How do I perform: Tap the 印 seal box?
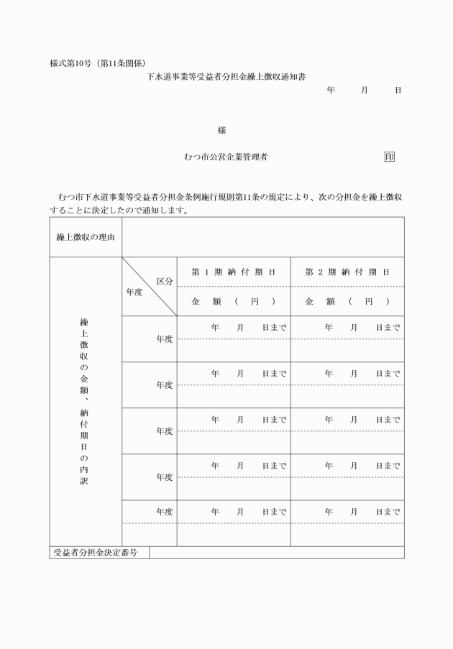pos(389,157)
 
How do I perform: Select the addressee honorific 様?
pos(221,131)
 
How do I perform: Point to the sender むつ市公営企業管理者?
pos(226,157)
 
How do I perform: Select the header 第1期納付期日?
pos(234,272)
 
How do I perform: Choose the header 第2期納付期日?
pos(347,272)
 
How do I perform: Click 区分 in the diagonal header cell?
pos(165,281)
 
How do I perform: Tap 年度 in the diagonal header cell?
pos(134,293)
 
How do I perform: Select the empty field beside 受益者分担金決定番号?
pos(276,553)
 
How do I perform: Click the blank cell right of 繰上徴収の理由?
pos(262,237)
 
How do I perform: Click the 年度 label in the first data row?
pos(165,339)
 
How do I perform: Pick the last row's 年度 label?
pos(165,512)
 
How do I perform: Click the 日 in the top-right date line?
pos(398,91)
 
